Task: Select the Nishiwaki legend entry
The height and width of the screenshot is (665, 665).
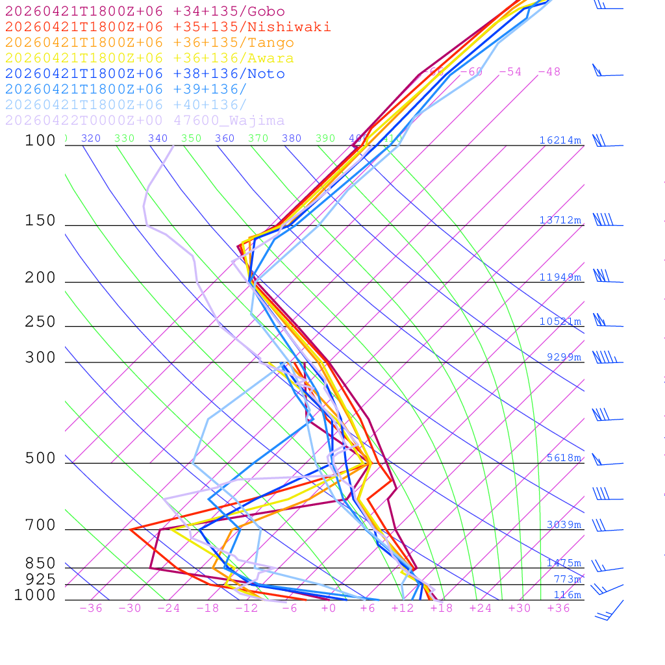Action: click(168, 27)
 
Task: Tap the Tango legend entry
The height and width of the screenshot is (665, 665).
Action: click(149, 43)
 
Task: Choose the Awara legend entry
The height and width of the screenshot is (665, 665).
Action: click(149, 58)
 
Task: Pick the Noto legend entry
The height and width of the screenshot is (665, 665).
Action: click(145, 74)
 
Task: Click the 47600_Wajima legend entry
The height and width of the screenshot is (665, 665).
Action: click(145, 121)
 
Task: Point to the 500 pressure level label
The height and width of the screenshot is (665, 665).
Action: click(40, 458)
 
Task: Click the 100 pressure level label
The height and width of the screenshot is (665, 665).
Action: click(40, 140)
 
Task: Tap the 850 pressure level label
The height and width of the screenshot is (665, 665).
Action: click(40, 564)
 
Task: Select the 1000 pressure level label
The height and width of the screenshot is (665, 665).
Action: click(35, 595)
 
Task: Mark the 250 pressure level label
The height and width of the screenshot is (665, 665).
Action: click(40, 322)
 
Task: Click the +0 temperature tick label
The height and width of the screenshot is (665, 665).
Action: click(329, 609)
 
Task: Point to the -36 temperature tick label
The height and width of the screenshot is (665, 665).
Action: click(90, 609)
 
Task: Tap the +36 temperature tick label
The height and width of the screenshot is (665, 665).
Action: click(558, 609)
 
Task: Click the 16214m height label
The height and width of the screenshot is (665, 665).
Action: click(560, 140)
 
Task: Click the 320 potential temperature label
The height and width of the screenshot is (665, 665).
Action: click(91, 138)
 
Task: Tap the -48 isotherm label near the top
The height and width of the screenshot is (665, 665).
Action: click(549, 72)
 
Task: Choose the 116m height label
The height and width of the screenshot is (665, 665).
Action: click(568, 595)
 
